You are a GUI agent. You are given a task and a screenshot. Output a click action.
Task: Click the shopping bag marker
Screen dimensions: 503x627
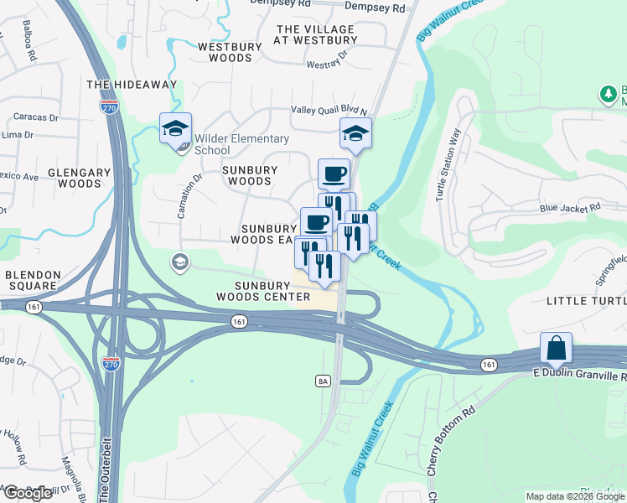click(x=556, y=348)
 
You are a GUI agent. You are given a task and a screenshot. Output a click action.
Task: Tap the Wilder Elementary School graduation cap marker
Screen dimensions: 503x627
click(x=176, y=130)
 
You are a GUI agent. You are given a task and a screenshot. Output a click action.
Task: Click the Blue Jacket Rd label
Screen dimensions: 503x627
click(x=571, y=207)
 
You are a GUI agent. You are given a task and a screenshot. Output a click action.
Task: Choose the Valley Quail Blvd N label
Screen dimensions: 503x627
click(x=329, y=110)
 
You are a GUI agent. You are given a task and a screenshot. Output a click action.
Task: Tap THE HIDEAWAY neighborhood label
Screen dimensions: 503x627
click(x=132, y=85)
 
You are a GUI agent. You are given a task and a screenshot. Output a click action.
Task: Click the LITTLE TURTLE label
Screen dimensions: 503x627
click(x=586, y=300)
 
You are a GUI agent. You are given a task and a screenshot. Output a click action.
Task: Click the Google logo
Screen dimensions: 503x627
click(x=28, y=493)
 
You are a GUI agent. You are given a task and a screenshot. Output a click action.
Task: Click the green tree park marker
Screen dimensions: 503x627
click(x=607, y=95)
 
